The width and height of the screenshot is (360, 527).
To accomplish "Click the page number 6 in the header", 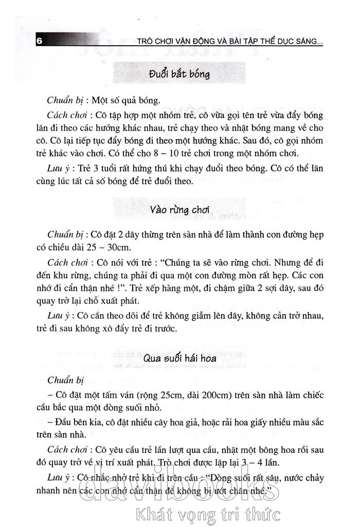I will (39, 41).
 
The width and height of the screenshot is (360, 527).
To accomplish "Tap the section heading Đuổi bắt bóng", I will (179, 74).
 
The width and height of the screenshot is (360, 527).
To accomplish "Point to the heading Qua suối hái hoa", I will (179, 358).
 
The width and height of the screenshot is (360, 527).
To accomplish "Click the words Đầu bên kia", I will (76, 422).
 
